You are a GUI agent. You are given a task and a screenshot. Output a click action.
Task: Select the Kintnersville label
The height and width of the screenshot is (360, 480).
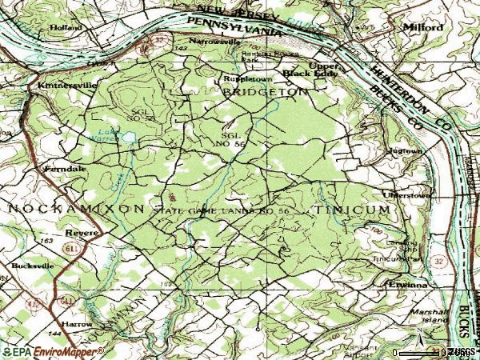point(61,83)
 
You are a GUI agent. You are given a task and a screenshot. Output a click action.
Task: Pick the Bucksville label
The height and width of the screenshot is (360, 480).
point(32,265)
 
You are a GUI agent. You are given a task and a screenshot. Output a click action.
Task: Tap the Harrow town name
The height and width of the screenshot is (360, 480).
point(77,325)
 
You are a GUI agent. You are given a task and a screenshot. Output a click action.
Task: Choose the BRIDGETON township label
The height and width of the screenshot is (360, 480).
point(265,93)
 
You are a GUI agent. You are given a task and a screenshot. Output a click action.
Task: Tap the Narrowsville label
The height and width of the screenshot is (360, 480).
point(214,40)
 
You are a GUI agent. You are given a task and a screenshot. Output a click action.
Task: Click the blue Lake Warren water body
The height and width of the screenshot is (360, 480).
point(127,138)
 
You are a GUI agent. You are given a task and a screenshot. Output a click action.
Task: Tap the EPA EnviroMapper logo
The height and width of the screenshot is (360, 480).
point(52,351)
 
